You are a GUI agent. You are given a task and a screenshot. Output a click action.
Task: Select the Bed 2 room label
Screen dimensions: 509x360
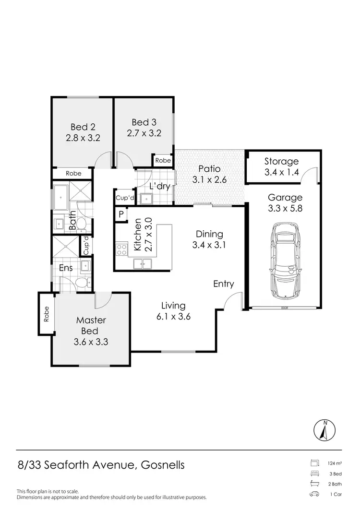83,127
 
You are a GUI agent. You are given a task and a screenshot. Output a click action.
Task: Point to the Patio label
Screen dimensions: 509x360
209,169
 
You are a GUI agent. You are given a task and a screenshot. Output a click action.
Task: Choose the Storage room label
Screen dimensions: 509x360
281,162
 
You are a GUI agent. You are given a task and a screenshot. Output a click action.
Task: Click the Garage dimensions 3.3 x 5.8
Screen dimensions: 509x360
285,208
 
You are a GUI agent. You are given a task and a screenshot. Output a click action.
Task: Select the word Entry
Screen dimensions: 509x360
224,284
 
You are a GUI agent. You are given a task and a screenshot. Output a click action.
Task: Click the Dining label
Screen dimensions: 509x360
209,234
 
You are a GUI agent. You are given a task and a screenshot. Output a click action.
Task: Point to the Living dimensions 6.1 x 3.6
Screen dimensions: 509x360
173,316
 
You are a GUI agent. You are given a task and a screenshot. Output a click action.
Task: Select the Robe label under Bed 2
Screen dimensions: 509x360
73,173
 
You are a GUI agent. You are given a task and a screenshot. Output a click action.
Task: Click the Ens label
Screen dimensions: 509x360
66,268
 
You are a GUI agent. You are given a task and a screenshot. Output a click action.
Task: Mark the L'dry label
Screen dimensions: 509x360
159,186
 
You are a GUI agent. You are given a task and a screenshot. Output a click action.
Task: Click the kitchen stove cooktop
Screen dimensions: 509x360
121,249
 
